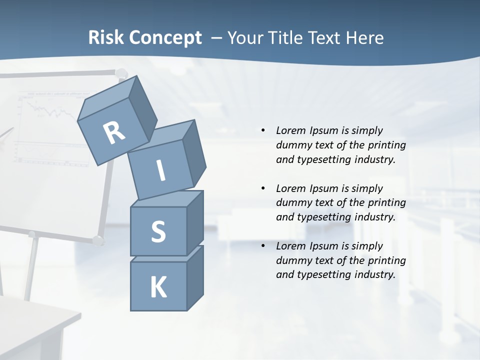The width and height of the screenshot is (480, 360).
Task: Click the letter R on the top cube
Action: pos(114,132)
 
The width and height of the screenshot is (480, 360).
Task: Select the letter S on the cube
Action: pos(158,231)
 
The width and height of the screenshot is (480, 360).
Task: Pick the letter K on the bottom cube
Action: pos(158,287)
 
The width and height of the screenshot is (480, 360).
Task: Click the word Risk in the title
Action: pos(106,38)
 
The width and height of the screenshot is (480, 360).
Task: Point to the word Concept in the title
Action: pos(164,38)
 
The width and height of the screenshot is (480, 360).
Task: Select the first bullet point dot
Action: pos(263,130)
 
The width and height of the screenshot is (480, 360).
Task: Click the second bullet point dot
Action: pos(263,188)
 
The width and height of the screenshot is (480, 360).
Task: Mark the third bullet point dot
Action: pos(263,246)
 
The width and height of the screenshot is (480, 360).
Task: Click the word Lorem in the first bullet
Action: pos(290,130)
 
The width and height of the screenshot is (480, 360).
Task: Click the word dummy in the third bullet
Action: pos(291,260)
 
